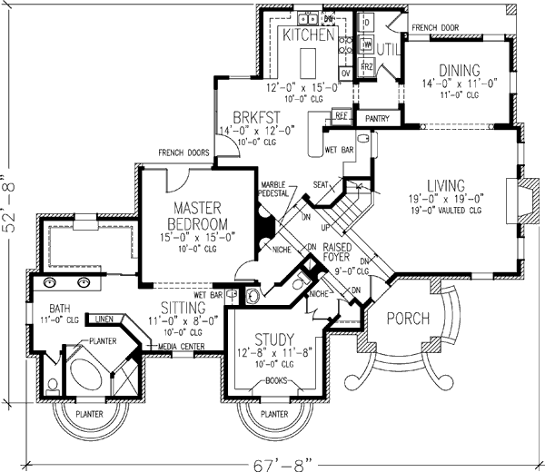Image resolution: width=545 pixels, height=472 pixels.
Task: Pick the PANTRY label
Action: point(376,118)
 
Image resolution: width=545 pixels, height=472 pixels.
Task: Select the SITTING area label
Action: point(183,307)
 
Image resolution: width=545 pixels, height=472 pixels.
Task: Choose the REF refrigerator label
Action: point(342,116)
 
